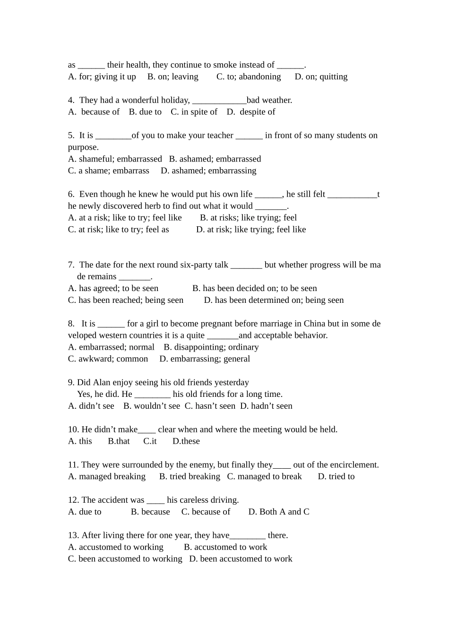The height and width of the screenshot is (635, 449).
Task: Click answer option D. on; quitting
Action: coord(321,77)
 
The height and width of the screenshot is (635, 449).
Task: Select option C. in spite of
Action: coord(194,112)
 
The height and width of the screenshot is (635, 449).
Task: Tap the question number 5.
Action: coord(71,136)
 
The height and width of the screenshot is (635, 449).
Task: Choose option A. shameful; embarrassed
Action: coord(115,159)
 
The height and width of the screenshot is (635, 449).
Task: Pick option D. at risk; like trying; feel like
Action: coord(251,230)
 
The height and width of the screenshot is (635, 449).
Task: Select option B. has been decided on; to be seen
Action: coord(255,288)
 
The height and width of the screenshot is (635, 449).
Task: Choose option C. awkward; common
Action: coord(108,359)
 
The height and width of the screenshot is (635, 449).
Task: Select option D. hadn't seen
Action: coord(266,406)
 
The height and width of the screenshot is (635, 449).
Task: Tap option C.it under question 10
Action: coord(150,441)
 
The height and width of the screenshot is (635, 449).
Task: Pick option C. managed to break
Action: coord(264,476)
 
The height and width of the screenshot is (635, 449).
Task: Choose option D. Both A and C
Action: coord(279,512)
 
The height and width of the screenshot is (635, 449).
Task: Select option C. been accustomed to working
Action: coord(125,559)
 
